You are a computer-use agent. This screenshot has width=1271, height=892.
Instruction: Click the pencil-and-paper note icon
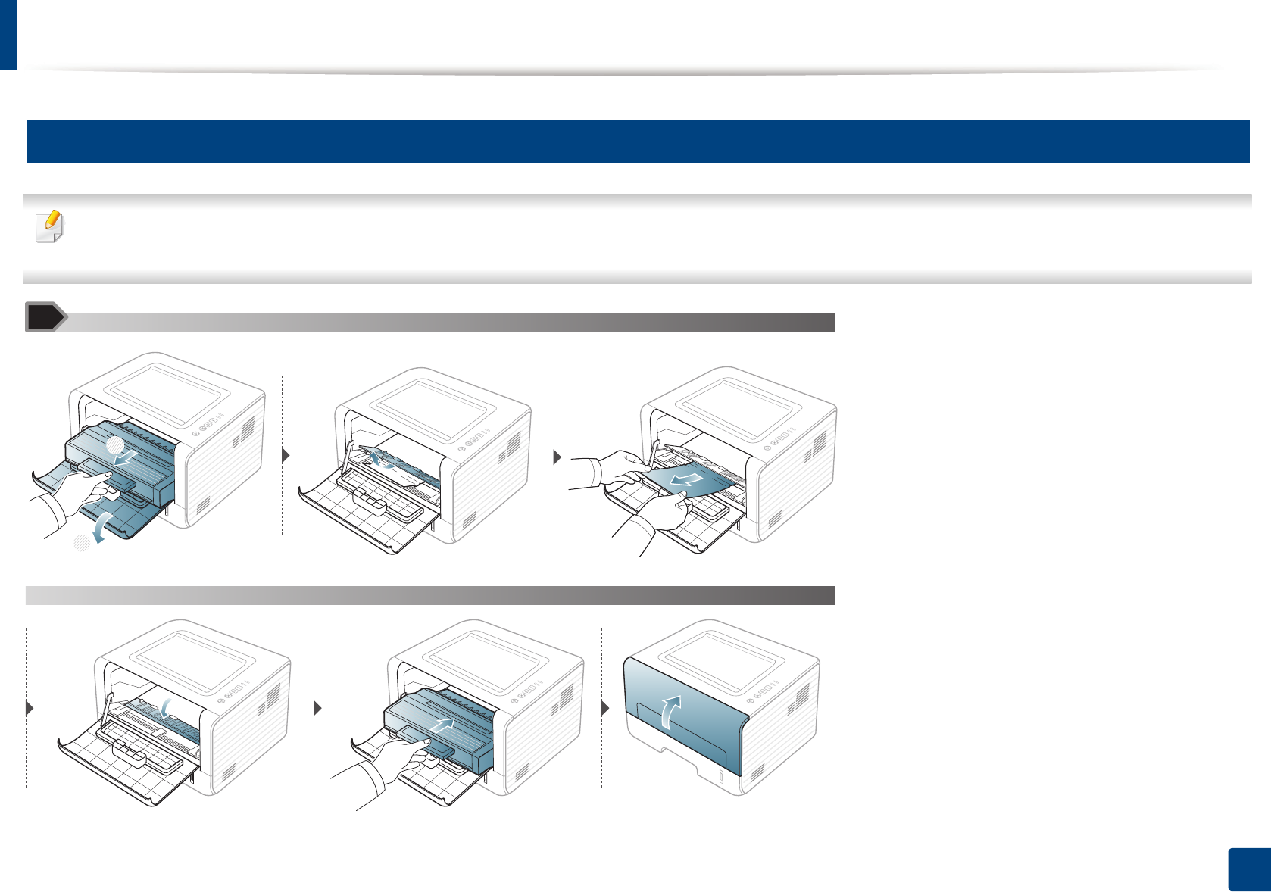(50, 226)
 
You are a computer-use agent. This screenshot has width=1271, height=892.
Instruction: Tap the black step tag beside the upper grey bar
(44, 317)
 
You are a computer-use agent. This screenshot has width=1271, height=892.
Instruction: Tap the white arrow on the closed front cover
(668, 713)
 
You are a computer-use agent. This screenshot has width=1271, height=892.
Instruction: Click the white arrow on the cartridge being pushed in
(442, 725)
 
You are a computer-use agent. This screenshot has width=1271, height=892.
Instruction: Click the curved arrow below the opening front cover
(101, 526)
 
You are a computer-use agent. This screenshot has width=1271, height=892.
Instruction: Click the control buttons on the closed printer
(765, 688)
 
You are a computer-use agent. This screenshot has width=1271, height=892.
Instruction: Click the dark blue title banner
(637, 142)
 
